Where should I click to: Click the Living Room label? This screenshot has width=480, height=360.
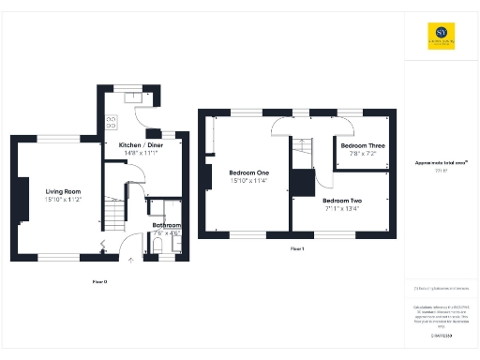pyautogui.click(x=64, y=191)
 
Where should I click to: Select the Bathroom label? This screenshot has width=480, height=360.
pyautogui.click(x=167, y=225)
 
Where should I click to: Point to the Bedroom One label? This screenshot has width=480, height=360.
pyautogui.click(x=248, y=172)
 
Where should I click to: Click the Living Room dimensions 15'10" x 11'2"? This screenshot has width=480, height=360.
pyautogui.click(x=64, y=200)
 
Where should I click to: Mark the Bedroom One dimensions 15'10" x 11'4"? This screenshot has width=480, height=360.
pyautogui.click(x=248, y=181)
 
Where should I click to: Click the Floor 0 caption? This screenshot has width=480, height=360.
pyautogui.click(x=99, y=280)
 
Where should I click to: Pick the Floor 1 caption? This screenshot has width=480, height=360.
pyautogui.click(x=297, y=248)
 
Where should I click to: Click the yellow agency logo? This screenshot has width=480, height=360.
pyautogui.click(x=441, y=35)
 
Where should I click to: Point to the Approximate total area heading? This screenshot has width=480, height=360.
pyautogui.click(x=441, y=163)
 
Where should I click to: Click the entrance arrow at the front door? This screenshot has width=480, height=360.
pyautogui.click(x=130, y=258)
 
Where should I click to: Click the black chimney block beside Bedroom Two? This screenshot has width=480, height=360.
pyautogui.click(x=302, y=183)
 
